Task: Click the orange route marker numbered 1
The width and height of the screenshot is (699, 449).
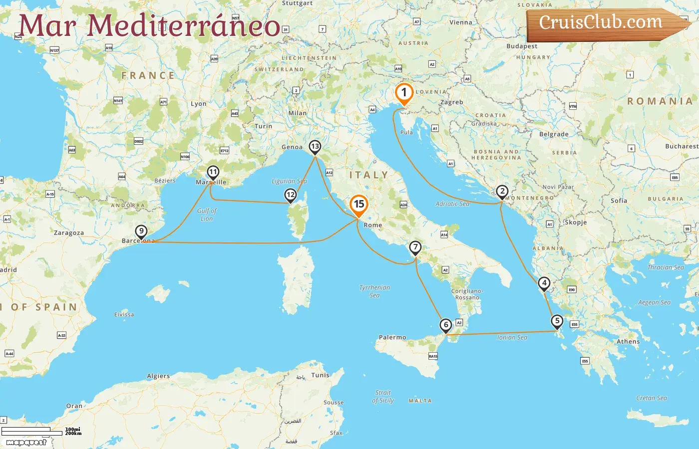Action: click(x=404, y=93)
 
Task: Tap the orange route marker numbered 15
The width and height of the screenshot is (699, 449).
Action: click(x=358, y=205)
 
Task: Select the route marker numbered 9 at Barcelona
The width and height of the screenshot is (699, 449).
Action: click(x=141, y=231)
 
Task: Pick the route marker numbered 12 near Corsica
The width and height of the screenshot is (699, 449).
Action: click(x=291, y=195)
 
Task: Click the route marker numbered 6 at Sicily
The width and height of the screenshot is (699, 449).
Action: click(x=446, y=325)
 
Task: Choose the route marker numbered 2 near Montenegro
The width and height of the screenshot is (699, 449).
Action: click(x=502, y=192)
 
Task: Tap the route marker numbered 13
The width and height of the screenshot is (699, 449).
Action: click(x=315, y=147)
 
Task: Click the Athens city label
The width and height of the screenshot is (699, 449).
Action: click(x=628, y=342)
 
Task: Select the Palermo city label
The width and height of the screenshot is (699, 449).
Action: click(x=392, y=337)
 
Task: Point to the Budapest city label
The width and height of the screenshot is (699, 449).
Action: click(x=522, y=46)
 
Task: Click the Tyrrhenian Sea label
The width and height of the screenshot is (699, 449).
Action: click(x=374, y=291)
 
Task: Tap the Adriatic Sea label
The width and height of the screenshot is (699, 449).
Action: click(x=452, y=204)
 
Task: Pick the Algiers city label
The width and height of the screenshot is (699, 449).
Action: click(x=158, y=376)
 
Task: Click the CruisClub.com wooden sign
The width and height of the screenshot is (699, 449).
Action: click(x=604, y=23)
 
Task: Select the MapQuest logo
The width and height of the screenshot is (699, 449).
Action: click(x=26, y=443)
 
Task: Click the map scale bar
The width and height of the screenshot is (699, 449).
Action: click(x=32, y=431)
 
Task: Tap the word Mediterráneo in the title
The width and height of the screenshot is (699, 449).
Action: click(x=184, y=26)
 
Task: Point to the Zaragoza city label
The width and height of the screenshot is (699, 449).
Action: click(x=69, y=233)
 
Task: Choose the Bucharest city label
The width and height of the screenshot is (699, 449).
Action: click(x=682, y=146)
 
